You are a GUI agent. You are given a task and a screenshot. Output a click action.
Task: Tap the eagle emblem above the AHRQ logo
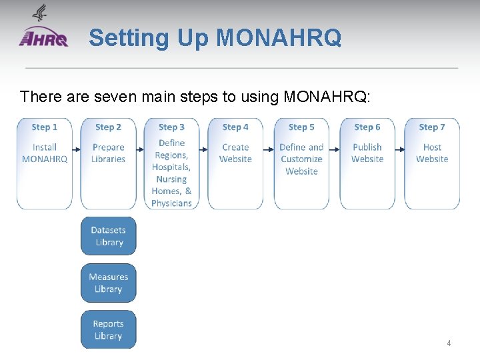pos(40,13)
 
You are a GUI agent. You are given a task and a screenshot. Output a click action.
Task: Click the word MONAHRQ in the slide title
pos(279,38)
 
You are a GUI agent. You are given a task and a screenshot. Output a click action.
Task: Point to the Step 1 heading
pos(45,127)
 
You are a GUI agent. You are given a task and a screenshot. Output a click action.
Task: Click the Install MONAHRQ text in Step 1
pos(45,153)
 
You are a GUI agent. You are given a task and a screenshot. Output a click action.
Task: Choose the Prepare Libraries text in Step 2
pos(108,153)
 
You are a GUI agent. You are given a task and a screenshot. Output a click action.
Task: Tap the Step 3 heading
pos(171,127)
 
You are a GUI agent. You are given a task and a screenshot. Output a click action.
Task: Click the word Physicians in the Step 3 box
pos(171,203)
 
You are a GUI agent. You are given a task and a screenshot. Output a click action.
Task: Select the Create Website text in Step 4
pos(235,153)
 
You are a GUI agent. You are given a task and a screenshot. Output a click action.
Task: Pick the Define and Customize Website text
pos(301,159)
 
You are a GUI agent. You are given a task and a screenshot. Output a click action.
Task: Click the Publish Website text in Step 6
pos(367,153)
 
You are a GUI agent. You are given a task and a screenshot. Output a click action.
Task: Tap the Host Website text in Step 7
pos(432,153)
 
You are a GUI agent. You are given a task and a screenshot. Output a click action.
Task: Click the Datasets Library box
pos(108,236)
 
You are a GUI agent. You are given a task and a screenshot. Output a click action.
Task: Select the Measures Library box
pos(108,283)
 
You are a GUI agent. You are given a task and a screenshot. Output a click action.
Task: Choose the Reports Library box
pos(108,329)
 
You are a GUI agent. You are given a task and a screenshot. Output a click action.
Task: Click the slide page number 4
pos(449,343)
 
